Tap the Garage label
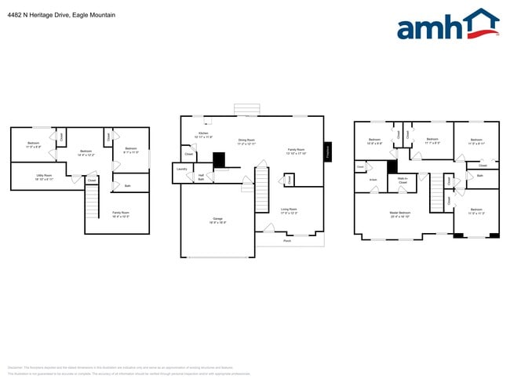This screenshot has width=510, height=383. tap(217, 221)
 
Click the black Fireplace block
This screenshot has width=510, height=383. tap(327, 151)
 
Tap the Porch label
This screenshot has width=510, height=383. tap(287, 241)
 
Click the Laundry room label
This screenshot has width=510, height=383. tap(181, 169)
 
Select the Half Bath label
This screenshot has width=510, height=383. tap(202, 177)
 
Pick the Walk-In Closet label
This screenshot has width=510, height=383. tap(403, 181)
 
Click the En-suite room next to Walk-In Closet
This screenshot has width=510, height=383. tap(373, 180)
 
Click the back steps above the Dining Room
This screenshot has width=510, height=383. tap(246, 109)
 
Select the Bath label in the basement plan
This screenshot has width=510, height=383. tap(127, 186)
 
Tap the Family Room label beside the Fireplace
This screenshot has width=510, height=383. tap(296, 151)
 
